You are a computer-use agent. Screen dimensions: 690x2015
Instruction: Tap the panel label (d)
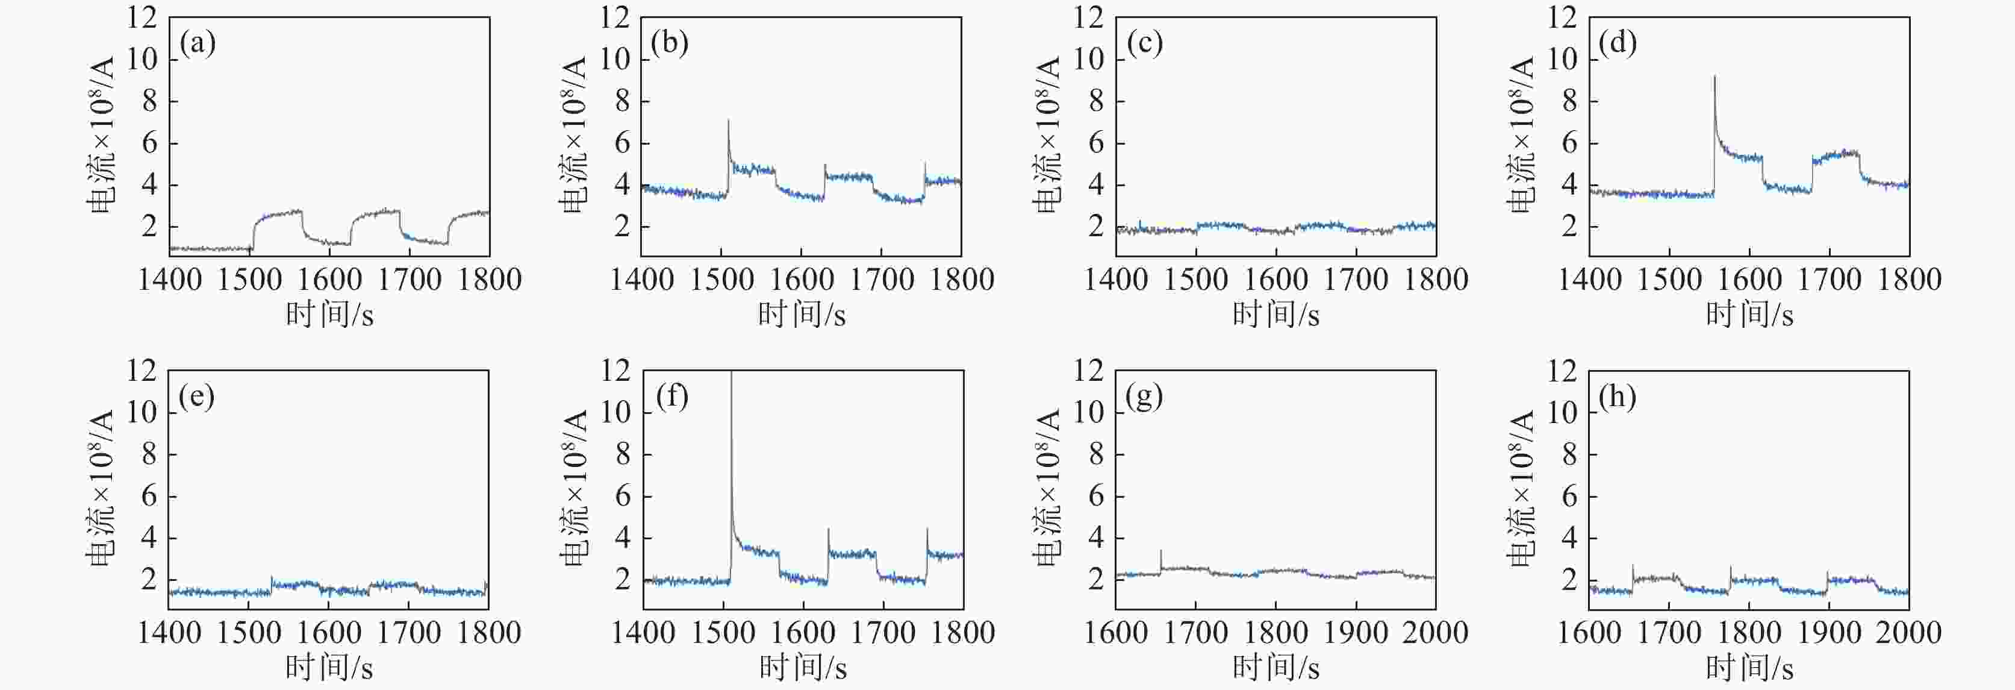pyautogui.click(x=1618, y=44)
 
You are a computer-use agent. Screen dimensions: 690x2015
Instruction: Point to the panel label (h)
pyautogui.click(x=1618, y=397)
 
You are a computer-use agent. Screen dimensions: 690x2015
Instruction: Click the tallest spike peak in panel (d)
pyautogui.click(x=1714, y=77)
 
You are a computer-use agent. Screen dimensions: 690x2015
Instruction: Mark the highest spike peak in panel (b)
pyautogui.click(x=728, y=121)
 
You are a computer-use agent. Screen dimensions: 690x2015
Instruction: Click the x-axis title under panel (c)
pyautogui.click(x=1276, y=315)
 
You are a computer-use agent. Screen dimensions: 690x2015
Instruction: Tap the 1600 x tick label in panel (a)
pyautogui.click(x=329, y=279)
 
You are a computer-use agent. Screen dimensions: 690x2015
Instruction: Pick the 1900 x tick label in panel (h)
pyautogui.click(x=1829, y=632)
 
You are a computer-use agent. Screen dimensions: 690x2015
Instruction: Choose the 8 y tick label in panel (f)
pyautogui.click(x=623, y=454)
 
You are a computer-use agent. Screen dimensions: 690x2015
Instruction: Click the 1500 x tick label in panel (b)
pyautogui.click(x=721, y=279)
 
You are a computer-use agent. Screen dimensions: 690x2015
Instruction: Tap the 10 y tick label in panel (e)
pyautogui.click(x=142, y=412)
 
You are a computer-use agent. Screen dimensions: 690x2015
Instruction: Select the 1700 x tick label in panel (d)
pyautogui.click(x=1829, y=279)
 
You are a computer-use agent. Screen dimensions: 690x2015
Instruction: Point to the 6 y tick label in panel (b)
pyautogui.click(x=623, y=143)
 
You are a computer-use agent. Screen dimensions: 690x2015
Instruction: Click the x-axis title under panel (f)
pyautogui.click(x=803, y=667)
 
